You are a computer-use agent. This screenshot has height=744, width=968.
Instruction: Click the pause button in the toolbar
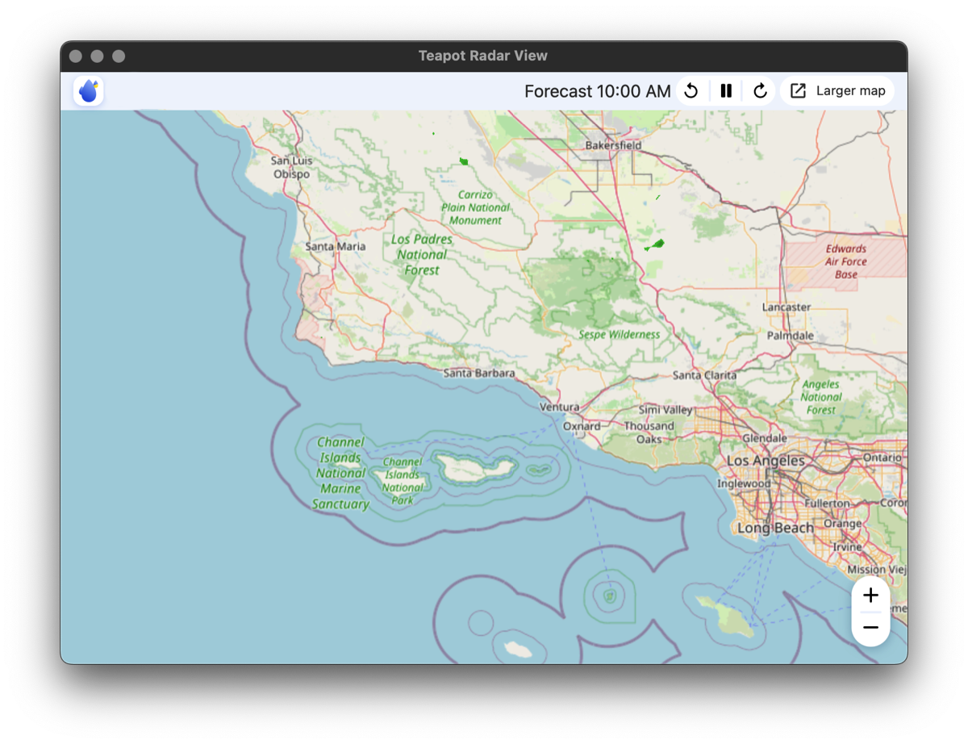click(x=726, y=91)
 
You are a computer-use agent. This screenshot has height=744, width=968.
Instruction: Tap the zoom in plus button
click(x=870, y=596)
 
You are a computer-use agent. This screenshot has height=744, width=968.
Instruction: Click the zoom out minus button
click(x=870, y=628)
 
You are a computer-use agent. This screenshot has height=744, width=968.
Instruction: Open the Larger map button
click(x=838, y=91)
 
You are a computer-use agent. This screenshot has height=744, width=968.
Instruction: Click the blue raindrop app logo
click(x=89, y=91)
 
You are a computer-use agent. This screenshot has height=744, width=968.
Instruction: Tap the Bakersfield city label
click(x=613, y=145)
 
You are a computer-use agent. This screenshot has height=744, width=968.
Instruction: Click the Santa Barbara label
click(x=479, y=373)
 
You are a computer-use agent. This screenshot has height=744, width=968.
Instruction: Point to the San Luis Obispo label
click(x=291, y=167)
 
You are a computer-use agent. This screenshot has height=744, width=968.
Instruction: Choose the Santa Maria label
click(x=335, y=246)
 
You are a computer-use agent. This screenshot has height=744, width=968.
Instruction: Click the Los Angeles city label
click(x=766, y=461)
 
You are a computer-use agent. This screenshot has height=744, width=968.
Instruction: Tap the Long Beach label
click(x=775, y=528)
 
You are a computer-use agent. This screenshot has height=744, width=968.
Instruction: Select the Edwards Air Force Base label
click(x=846, y=261)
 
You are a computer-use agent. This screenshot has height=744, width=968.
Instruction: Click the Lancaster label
click(x=786, y=307)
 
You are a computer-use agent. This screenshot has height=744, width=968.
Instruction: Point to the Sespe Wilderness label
click(x=619, y=334)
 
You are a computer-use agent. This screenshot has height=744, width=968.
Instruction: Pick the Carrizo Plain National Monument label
click(x=475, y=207)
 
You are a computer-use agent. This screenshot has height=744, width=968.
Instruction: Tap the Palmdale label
click(x=790, y=335)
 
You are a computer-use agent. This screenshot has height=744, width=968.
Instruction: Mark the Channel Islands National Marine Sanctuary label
click(x=340, y=473)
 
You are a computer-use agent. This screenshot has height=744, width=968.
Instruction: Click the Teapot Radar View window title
click(x=482, y=56)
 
